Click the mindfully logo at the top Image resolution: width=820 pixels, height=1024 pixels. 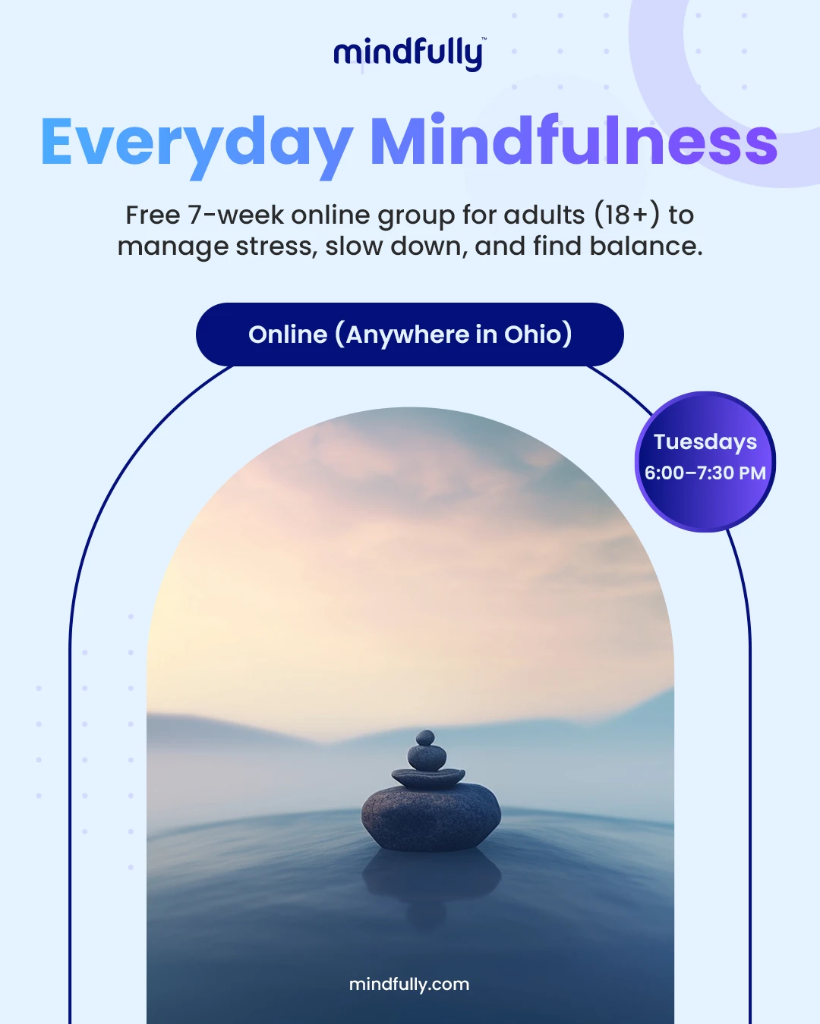(x=408, y=54)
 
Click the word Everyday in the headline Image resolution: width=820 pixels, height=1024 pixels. (x=197, y=146)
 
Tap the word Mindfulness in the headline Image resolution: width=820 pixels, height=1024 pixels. (x=574, y=140)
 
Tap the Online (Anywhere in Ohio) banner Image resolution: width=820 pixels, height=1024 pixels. (x=410, y=335)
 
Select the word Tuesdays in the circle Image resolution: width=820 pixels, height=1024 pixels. (x=705, y=442)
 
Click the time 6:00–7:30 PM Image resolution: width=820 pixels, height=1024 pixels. (x=705, y=473)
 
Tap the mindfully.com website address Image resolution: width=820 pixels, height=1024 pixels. (x=409, y=985)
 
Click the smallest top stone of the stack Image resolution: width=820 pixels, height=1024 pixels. (x=425, y=737)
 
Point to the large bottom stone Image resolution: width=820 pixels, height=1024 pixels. (x=431, y=817)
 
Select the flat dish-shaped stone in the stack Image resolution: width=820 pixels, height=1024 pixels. (x=428, y=777)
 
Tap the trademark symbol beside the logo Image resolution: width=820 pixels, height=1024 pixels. (x=484, y=39)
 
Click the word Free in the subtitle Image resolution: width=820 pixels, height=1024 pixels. (x=153, y=215)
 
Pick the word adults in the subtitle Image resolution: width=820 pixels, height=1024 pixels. (x=544, y=215)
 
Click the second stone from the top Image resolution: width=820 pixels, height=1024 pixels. (x=427, y=758)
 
